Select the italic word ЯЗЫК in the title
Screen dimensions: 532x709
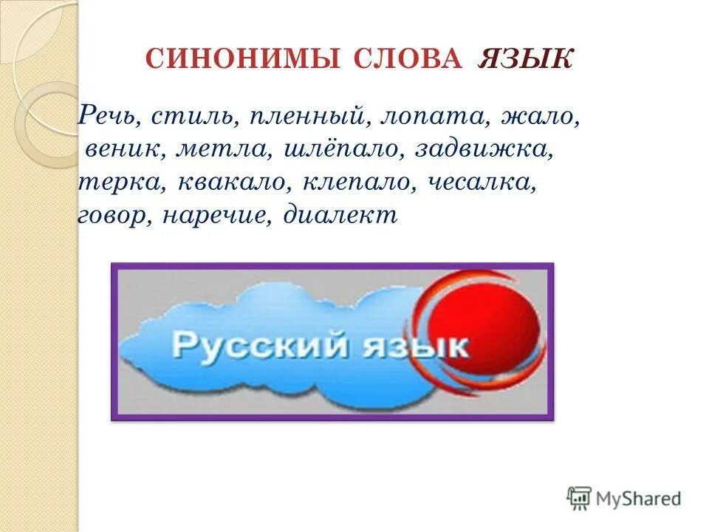[525, 60]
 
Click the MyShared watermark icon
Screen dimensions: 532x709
[579, 498]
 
